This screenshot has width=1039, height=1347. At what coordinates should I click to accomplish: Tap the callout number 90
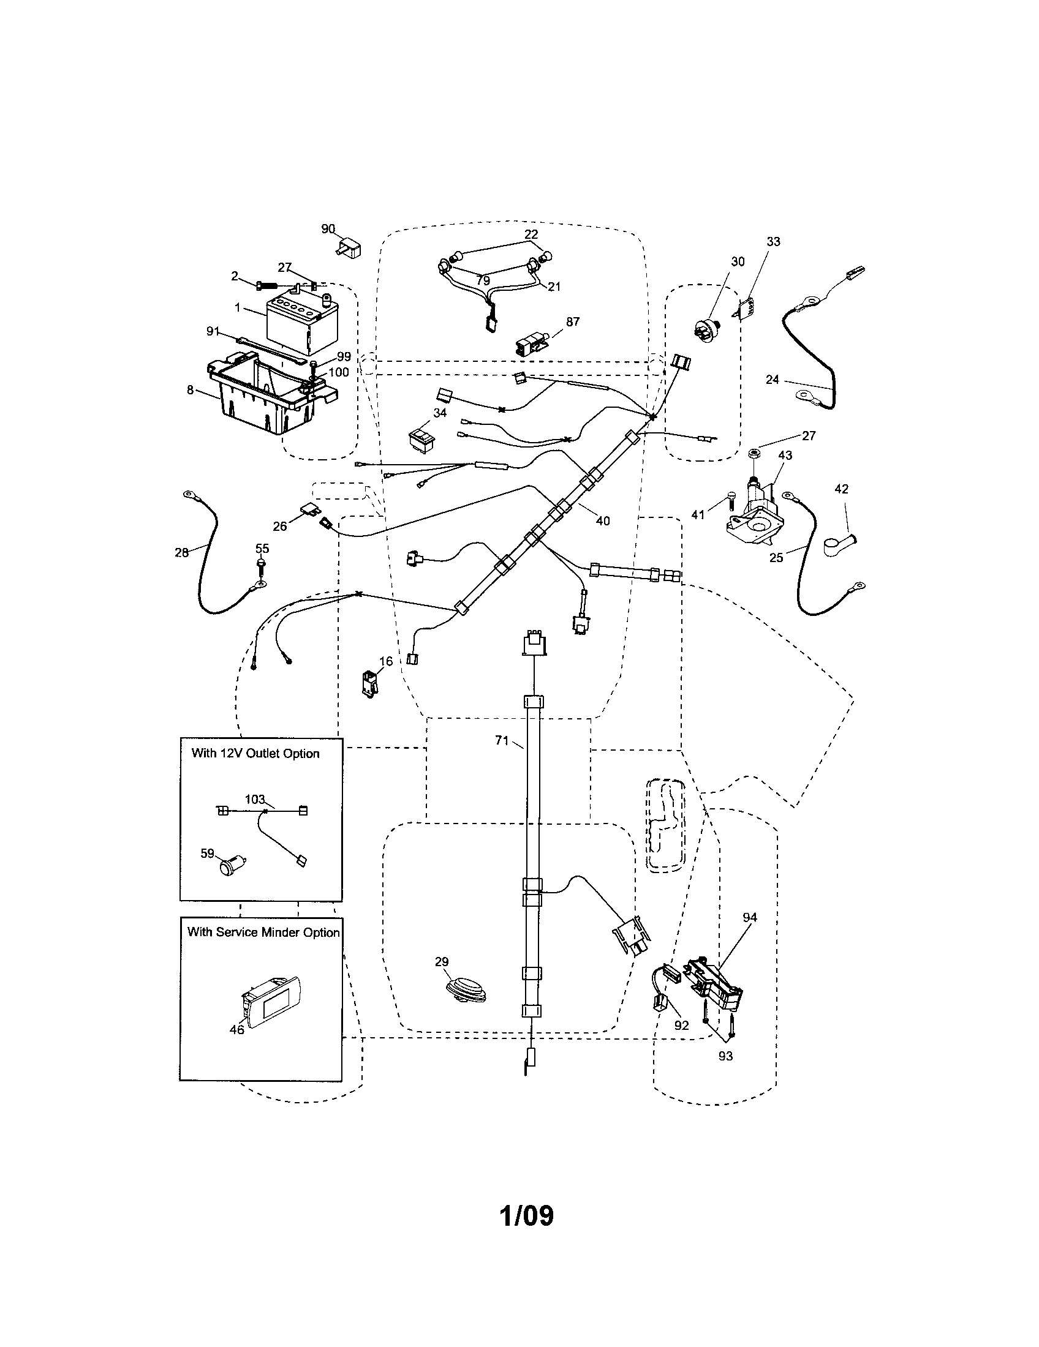coord(328,229)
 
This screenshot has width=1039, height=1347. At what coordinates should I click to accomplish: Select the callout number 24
coord(773,380)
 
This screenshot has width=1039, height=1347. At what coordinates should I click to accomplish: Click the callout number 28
coord(181,552)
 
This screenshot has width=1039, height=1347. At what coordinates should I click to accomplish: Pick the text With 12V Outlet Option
coord(255,753)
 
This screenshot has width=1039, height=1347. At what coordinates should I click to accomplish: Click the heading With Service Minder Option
coord(263,932)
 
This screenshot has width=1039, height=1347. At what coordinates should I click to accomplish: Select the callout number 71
coord(502,741)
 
